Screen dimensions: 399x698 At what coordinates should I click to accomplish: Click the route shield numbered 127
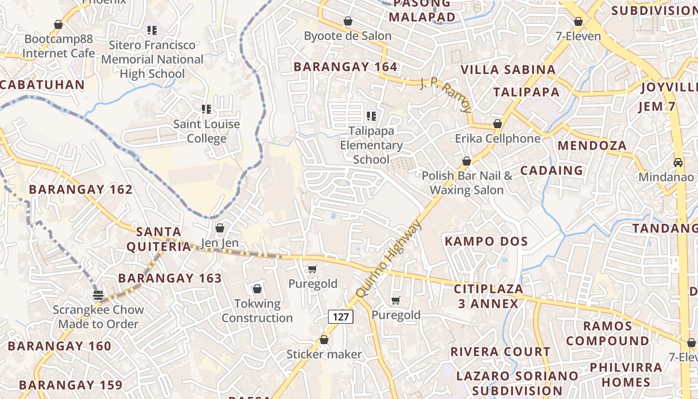341,317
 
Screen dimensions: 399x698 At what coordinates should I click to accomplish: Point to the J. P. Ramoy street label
446,95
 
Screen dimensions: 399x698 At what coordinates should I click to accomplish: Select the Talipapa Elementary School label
371,145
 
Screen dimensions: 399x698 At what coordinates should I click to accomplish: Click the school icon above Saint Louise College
206,109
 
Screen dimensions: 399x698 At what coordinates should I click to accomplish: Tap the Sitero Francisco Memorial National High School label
152,59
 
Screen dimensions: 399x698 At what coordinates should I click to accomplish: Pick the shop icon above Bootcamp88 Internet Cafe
58,24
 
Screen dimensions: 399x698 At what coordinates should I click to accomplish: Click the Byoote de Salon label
348,36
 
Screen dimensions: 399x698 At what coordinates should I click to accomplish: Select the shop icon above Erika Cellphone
497,124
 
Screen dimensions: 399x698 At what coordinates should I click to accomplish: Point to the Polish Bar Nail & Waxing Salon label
467,183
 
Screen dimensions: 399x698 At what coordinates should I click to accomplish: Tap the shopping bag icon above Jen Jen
219,228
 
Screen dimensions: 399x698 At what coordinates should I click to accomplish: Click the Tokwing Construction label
257,310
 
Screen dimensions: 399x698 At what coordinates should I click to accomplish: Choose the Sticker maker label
324,354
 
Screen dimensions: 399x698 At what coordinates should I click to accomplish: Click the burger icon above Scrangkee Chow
98,295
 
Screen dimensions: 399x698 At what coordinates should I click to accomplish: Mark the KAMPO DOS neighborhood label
486,241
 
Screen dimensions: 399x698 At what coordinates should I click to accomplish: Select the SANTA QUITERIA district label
159,239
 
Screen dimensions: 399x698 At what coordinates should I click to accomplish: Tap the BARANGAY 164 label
345,67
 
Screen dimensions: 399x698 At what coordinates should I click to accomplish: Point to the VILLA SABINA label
508,69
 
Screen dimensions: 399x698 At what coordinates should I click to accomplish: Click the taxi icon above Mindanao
678,162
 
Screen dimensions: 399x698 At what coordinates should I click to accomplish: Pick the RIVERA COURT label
500,352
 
